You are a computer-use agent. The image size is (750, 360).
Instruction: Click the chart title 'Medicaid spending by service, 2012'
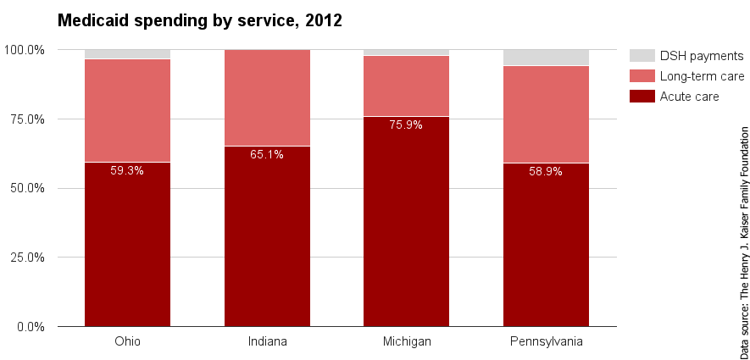[x=199, y=21]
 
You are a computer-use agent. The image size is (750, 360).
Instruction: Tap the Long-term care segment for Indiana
[x=267, y=97]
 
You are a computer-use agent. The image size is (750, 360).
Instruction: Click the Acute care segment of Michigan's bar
[x=406, y=229]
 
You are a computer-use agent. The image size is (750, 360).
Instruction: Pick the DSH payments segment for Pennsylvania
[x=546, y=58]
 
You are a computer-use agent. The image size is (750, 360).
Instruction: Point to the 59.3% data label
[x=127, y=170]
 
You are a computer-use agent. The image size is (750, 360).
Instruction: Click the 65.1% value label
[x=267, y=154]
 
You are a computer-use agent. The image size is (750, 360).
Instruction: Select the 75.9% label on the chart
[x=406, y=125]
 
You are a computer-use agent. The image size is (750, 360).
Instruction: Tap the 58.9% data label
[x=546, y=171]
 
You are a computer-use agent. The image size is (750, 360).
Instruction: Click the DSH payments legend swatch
[x=642, y=56]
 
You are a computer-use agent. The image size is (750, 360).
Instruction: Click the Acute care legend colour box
[x=642, y=97]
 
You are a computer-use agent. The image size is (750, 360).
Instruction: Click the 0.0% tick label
[x=31, y=326]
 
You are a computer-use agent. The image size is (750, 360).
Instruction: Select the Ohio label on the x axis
[x=127, y=341]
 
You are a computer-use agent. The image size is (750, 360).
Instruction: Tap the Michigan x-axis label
[x=406, y=341]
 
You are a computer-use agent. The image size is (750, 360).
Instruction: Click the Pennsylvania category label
[x=546, y=341]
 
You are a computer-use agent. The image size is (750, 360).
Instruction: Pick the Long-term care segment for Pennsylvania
[x=546, y=114]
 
